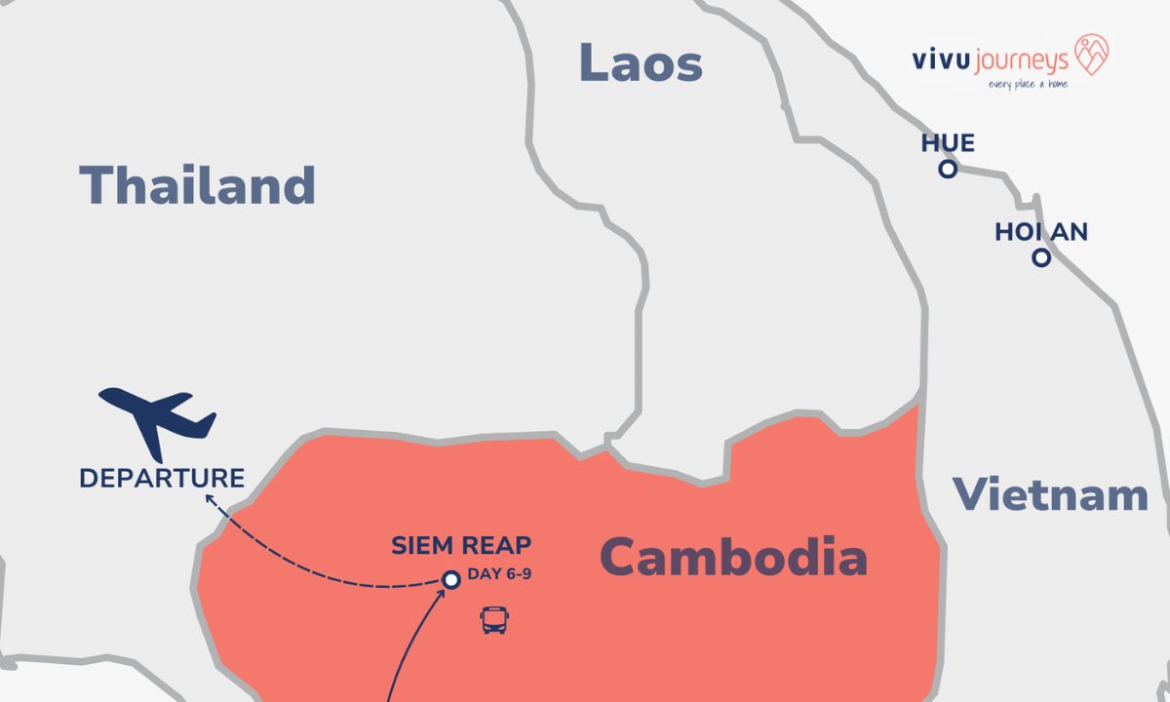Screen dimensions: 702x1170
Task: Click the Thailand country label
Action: (x=197, y=184)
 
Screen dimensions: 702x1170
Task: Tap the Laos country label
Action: (x=641, y=62)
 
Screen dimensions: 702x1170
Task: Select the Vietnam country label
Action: (x=1050, y=494)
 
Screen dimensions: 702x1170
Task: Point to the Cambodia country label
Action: (x=733, y=558)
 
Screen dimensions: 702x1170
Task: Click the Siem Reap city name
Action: (x=461, y=546)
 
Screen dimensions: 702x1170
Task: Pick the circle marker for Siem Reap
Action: (x=450, y=580)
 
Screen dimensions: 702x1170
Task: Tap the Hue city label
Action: (x=948, y=144)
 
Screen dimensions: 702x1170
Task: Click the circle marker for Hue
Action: (x=947, y=170)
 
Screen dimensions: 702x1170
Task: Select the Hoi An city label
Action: (x=1040, y=232)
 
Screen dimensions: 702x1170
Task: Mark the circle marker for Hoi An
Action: (x=1041, y=258)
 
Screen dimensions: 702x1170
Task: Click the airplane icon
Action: (x=158, y=420)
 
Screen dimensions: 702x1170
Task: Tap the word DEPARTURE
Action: (x=162, y=479)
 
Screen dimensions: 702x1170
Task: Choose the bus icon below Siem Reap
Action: (x=494, y=620)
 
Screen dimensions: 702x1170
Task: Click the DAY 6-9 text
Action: (x=498, y=573)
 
